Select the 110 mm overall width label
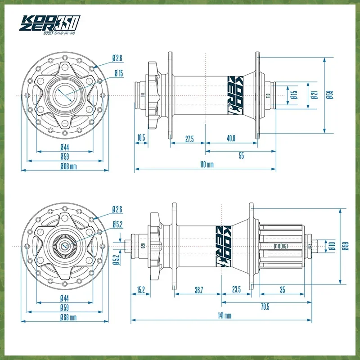[x=207, y=165]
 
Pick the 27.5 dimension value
[x=189, y=139]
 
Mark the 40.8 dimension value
[x=230, y=139]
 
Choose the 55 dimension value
[x=241, y=156]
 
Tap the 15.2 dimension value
[x=140, y=290]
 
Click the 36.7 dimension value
[x=199, y=290]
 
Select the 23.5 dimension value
[x=236, y=290]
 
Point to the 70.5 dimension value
[x=265, y=307]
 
